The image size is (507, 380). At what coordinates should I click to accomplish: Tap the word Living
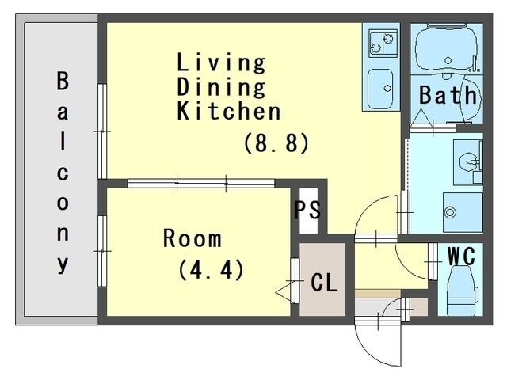point(221,62)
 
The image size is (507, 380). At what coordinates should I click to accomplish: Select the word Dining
point(221,86)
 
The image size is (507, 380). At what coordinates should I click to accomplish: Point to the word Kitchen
point(229,111)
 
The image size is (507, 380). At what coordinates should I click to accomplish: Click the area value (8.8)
point(275,143)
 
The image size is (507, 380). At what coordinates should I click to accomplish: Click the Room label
point(193,237)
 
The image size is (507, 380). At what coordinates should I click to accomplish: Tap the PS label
point(307,211)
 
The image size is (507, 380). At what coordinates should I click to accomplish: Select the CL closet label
point(324,283)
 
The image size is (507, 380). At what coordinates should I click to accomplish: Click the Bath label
point(448,96)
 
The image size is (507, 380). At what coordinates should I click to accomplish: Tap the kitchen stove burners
point(379,44)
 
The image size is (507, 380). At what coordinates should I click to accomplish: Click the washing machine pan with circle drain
point(462,211)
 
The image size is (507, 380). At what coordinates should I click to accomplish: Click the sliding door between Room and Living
point(201,184)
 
